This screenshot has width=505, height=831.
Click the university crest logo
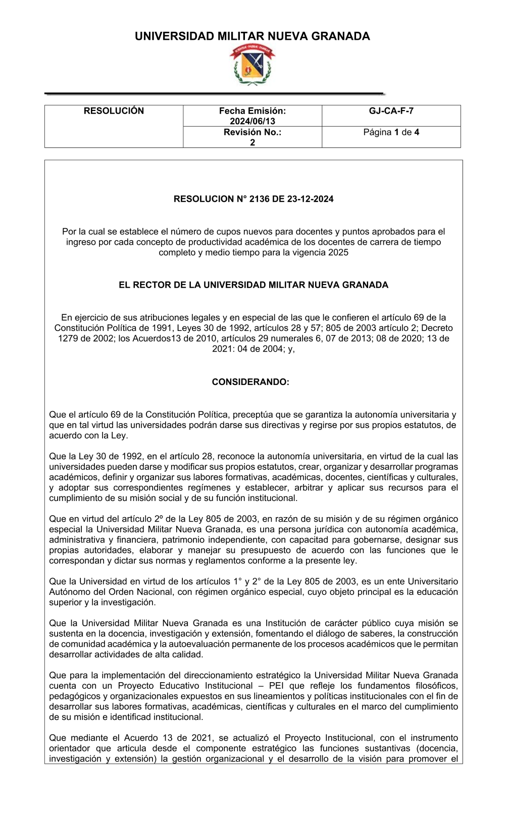tap(252, 64)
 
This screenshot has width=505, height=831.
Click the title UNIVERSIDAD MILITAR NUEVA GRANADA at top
tap(252, 36)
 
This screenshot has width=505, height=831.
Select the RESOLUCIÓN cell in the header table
tap(114, 111)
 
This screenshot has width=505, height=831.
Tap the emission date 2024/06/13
tap(252, 121)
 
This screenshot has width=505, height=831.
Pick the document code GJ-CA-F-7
tap(391, 111)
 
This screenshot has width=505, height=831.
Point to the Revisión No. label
tap(252, 132)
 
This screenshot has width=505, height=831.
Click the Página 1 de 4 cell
tap(391, 132)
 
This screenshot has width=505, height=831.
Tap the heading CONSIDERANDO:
tap(250, 382)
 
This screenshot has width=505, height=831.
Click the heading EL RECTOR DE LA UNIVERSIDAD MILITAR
tap(254, 285)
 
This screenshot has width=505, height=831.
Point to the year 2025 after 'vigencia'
tap(338, 252)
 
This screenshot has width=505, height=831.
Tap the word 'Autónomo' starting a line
tap(69, 592)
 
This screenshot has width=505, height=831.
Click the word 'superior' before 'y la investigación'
tap(65, 602)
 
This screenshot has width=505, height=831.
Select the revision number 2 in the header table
tap(252, 142)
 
